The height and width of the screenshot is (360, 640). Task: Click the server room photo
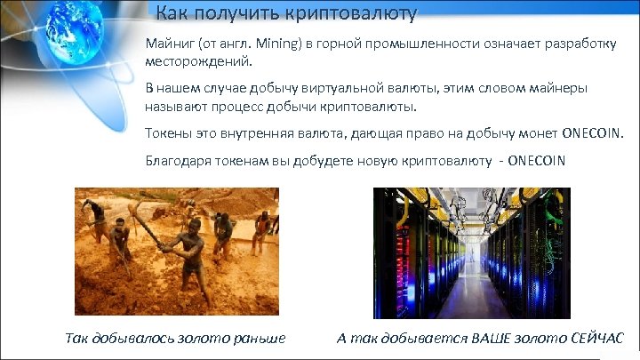click(x=471, y=253)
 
